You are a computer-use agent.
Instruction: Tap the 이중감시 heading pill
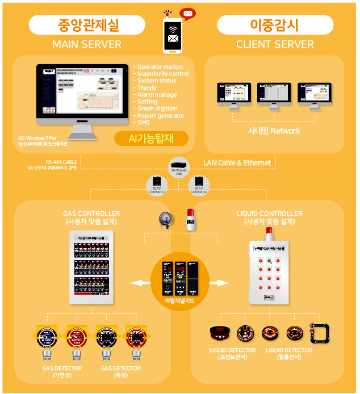coord(275,25)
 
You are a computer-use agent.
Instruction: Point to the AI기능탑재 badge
coord(150,138)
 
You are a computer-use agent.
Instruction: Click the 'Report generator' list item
coord(161,115)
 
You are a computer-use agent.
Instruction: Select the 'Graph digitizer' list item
coord(157,108)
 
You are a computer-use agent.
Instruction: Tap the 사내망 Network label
coord(274,131)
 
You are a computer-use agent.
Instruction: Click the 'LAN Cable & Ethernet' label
coord(237,163)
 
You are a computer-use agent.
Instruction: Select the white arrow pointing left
coord(137,282)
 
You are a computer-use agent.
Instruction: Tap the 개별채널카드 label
coord(179,301)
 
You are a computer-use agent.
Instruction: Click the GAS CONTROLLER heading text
coord(91,213)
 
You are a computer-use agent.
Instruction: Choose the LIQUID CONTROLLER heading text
coord(269,213)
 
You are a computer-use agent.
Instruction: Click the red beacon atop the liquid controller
coord(270,232)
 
